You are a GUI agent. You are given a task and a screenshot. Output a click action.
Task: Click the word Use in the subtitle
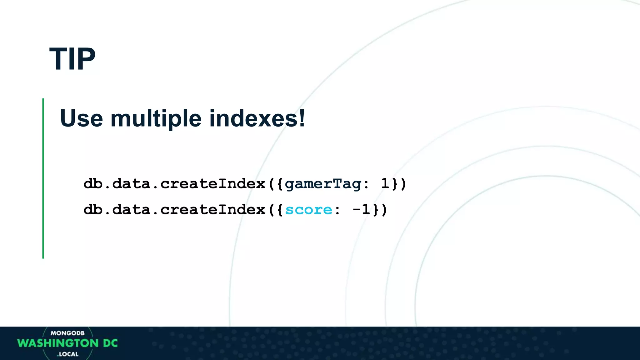click(81, 118)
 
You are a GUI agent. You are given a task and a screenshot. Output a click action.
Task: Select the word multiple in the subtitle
click(156, 118)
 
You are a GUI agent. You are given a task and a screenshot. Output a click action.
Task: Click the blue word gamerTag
click(323, 184)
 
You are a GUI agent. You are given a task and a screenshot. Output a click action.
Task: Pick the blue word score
click(308, 210)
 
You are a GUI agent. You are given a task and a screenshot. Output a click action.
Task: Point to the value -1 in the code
click(361, 209)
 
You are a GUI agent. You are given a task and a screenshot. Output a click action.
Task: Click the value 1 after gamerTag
click(385, 183)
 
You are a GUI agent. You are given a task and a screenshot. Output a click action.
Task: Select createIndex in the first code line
click(213, 184)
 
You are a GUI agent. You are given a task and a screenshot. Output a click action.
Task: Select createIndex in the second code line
click(213, 210)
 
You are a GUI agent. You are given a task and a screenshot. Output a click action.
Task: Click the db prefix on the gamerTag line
click(93, 184)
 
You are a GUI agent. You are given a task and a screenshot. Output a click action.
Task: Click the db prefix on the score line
click(93, 210)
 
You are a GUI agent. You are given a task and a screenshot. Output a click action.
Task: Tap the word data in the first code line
click(131, 184)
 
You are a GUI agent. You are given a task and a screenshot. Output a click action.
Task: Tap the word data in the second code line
click(131, 210)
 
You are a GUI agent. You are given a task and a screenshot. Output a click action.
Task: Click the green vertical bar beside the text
click(43, 178)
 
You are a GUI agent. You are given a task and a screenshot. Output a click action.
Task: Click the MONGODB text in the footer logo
click(67, 333)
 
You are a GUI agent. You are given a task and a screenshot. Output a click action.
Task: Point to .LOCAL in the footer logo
click(68, 354)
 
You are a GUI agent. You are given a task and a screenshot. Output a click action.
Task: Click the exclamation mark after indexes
click(302, 118)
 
